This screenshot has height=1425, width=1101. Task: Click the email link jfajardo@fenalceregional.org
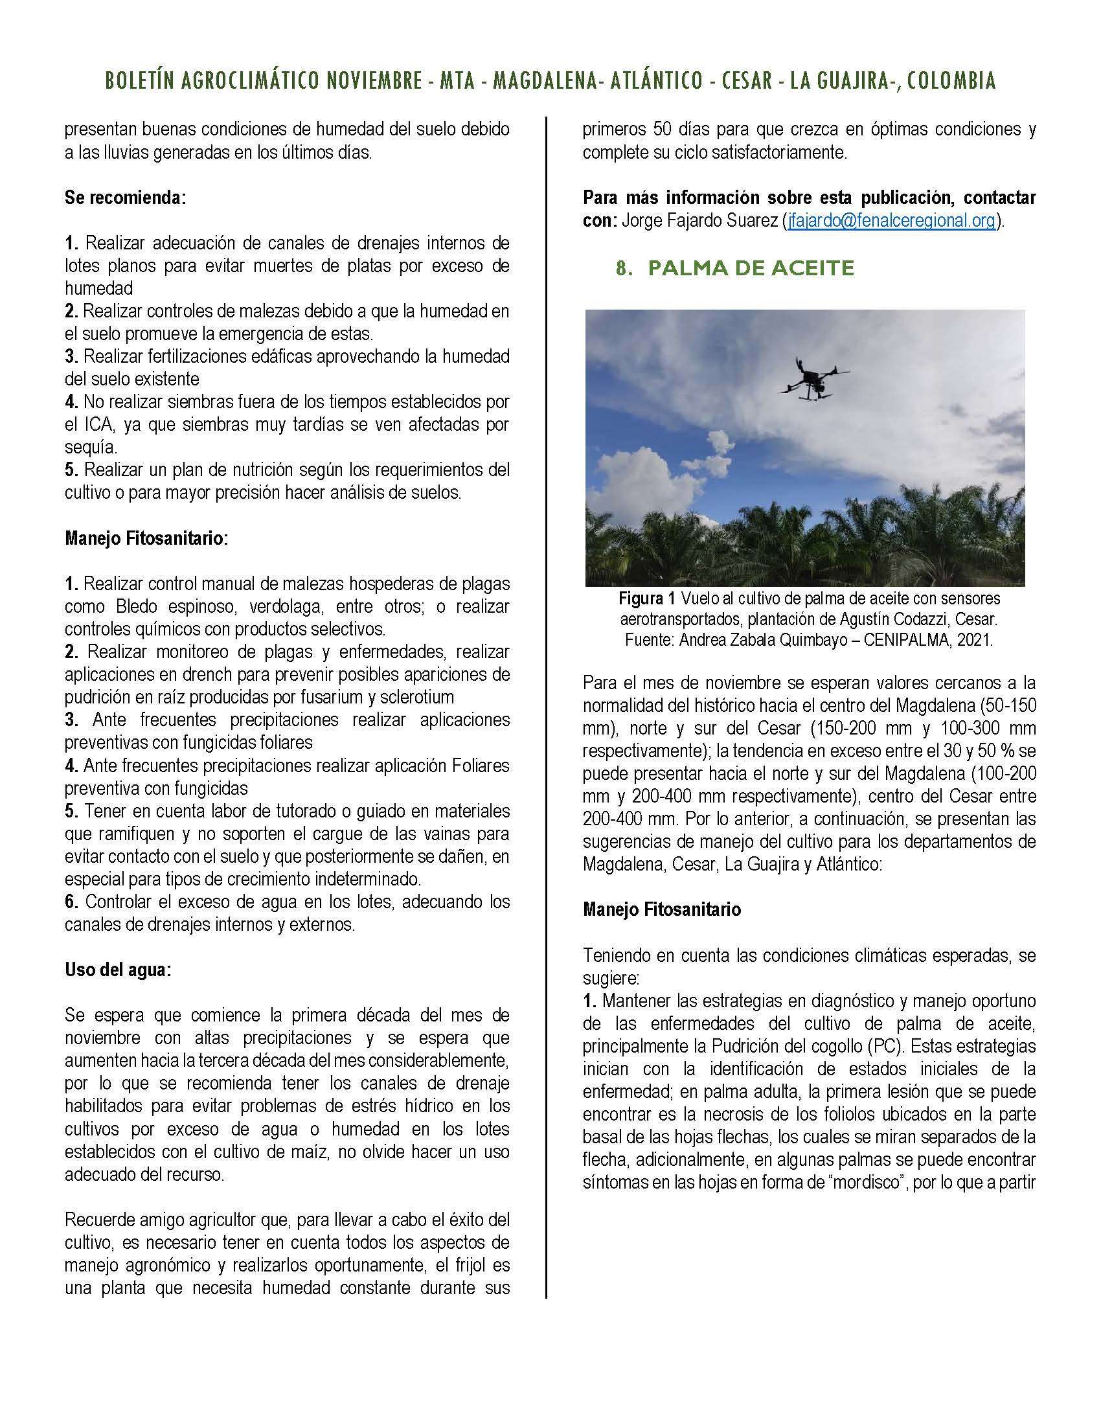[891, 220]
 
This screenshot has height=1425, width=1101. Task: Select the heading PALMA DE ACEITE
[751, 268]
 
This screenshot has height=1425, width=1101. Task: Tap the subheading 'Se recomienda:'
[125, 198]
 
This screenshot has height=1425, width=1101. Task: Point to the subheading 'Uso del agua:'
[117, 970]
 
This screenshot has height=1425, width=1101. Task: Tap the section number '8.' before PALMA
[624, 268]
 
